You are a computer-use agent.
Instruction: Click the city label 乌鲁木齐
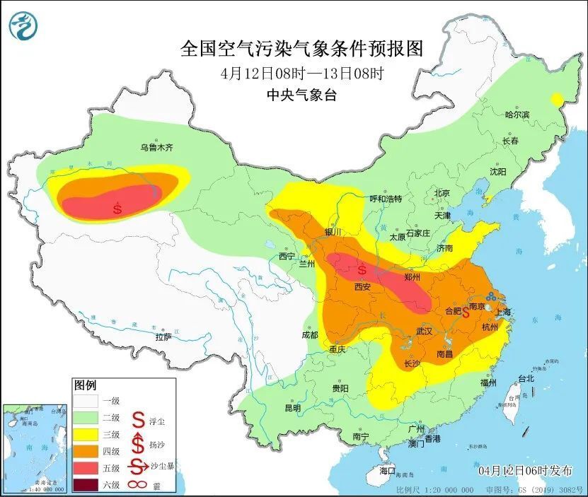click(x=156, y=148)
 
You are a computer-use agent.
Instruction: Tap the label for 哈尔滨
click(x=517, y=114)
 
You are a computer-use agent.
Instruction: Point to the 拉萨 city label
click(x=163, y=337)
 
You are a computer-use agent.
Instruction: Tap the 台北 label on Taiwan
click(x=525, y=378)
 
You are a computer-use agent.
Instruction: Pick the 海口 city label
click(x=386, y=470)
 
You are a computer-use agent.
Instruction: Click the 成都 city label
click(x=309, y=334)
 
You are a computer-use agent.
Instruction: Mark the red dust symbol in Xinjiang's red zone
click(x=117, y=209)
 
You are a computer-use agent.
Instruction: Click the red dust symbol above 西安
click(x=362, y=270)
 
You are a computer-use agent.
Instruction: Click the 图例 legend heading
click(x=85, y=385)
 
